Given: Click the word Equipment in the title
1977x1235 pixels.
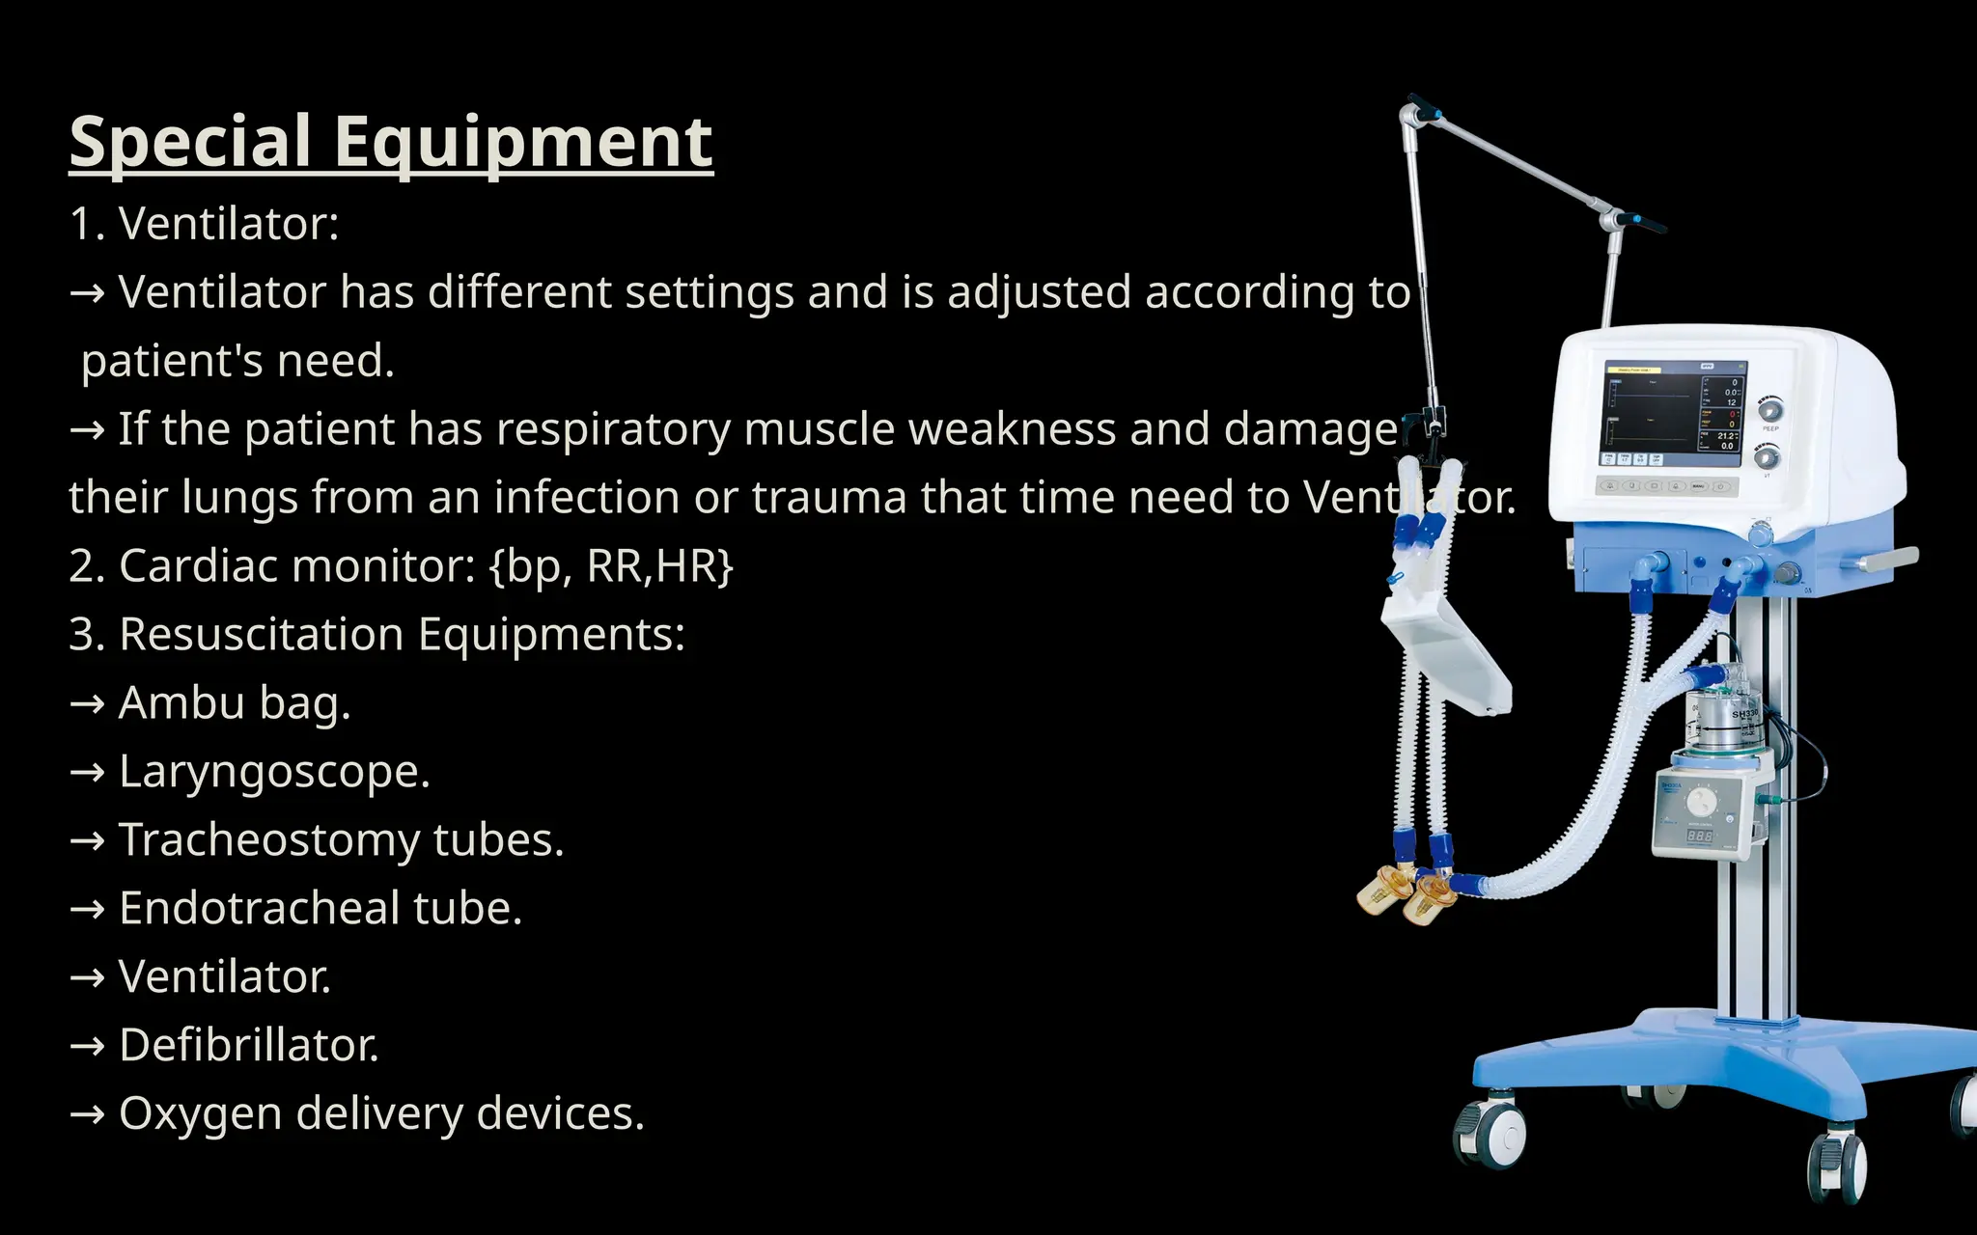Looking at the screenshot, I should pos(523,143).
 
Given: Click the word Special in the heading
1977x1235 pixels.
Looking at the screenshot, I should pos(190,143).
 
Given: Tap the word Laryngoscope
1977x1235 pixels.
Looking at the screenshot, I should pos(274,772).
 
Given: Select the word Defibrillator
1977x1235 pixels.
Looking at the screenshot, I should pos(249,1045).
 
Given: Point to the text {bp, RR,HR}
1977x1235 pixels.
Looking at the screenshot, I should pos(611,566).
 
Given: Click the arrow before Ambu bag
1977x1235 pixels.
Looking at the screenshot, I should pos(88,704).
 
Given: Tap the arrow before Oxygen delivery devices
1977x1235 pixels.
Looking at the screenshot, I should pos(88,1115).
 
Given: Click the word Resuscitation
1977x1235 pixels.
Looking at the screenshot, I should pos(262,635).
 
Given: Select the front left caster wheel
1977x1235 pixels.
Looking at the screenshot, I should pos(1490,1133).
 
